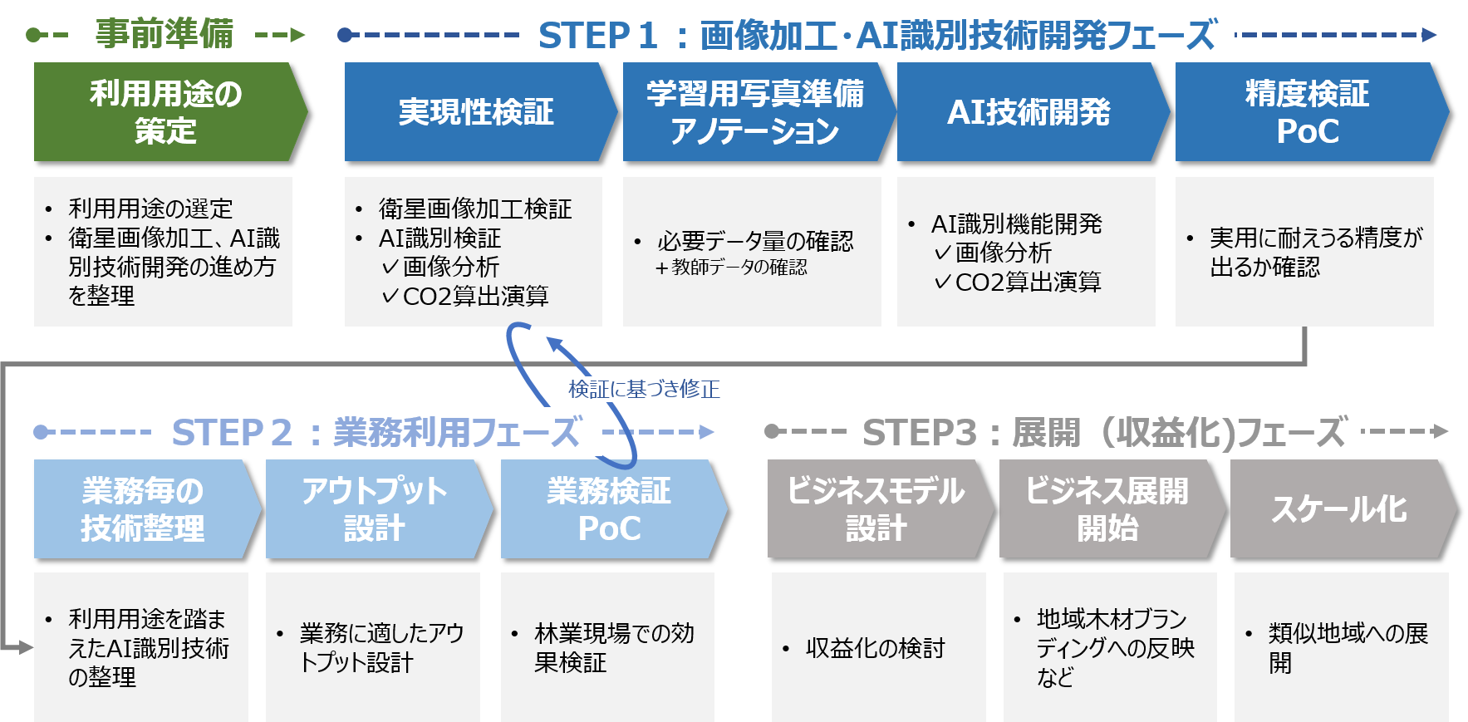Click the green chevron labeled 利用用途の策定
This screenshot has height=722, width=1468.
click(166, 112)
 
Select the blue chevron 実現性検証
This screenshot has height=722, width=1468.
click(476, 112)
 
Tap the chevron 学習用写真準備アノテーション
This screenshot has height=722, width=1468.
click(754, 112)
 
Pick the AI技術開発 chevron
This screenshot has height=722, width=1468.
click(1029, 112)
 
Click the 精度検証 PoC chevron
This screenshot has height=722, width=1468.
click(1307, 112)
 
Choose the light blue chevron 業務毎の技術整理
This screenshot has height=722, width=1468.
click(143, 509)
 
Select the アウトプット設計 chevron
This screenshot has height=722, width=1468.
click(375, 509)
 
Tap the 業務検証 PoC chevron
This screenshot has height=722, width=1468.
click(609, 509)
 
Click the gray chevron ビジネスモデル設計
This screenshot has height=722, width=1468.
click(876, 509)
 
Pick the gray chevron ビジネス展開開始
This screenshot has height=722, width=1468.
click(1107, 509)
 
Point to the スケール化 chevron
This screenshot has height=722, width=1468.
click(1339, 509)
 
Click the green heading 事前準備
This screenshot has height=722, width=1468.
click(164, 34)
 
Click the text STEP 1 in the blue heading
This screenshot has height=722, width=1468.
click(597, 36)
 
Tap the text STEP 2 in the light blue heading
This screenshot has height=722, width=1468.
click(232, 433)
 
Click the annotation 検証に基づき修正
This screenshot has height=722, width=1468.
click(644, 389)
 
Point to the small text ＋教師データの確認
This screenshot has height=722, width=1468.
click(731, 268)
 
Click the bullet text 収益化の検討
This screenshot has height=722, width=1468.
click(875, 648)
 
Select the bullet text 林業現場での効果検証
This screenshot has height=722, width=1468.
click(614, 648)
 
